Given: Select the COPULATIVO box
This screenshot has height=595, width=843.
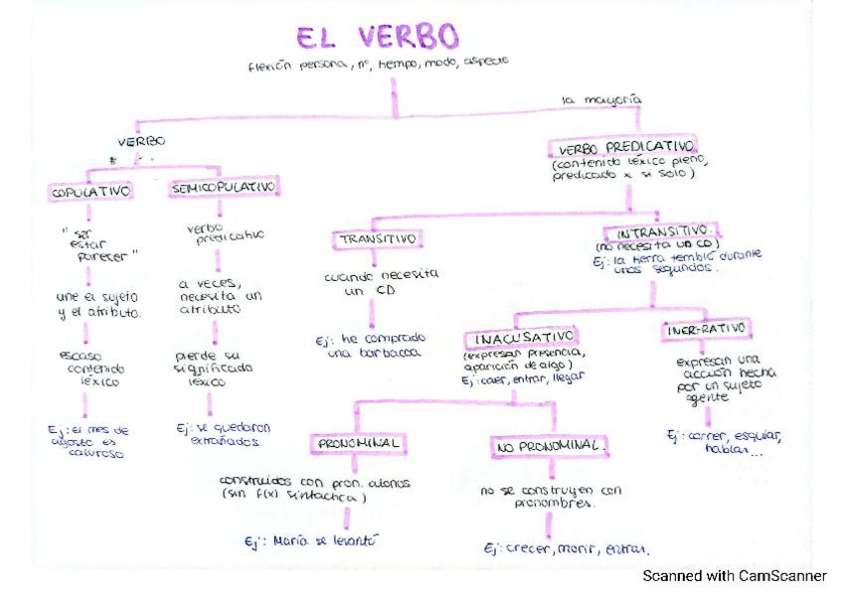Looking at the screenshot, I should pyautogui.click(x=90, y=189).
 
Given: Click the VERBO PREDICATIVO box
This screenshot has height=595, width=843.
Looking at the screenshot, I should pyautogui.click(x=622, y=147).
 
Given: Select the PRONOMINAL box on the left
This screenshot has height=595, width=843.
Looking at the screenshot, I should pyautogui.click(x=358, y=442).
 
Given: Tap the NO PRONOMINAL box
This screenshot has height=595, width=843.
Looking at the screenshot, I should pyautogui.click(x=549, y=448).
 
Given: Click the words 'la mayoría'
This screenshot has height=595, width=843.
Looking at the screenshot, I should pyautogui.click(x=601, y=99).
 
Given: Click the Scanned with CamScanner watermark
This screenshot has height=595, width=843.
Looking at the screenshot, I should pyautogui.click(x=734, y=575).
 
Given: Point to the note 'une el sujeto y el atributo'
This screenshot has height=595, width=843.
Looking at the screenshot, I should pyautogui.click(x=98, y=304).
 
